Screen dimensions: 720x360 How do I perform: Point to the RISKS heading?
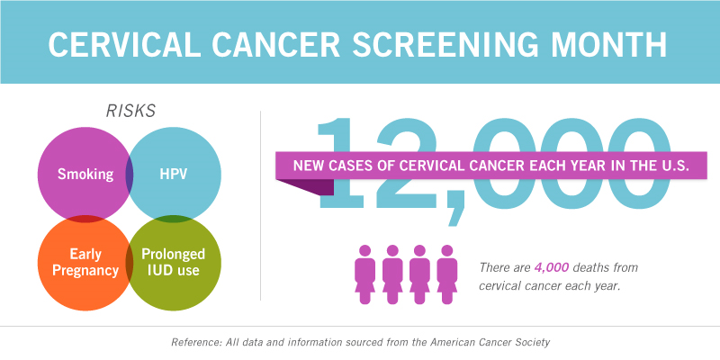130,111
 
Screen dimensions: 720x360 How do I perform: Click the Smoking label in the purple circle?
85,174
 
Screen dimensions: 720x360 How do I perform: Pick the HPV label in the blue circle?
174,174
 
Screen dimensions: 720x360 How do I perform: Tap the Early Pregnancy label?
85,262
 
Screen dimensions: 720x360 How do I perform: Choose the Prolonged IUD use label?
173,262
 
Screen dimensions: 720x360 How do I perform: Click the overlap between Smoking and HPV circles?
130,175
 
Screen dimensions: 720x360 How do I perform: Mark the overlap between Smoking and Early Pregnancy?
85,219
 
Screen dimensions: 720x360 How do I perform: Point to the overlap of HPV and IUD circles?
174,219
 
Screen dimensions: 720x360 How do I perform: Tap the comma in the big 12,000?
456,207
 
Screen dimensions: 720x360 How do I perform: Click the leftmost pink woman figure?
364,274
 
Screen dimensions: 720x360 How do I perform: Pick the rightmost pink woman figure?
446,274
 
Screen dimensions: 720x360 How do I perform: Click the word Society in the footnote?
533,343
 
